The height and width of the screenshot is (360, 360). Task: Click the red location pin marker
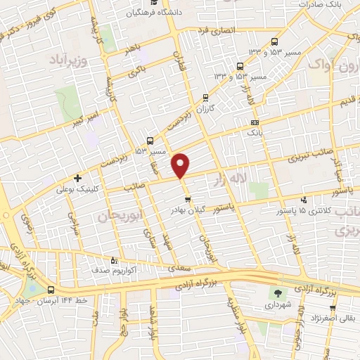tap(181, 165)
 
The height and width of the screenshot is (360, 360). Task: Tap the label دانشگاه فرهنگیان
tap(161, 13)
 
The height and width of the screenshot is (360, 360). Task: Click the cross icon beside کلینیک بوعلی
tap(77, 178)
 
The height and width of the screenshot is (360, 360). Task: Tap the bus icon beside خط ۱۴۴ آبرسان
tap(51, 290)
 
